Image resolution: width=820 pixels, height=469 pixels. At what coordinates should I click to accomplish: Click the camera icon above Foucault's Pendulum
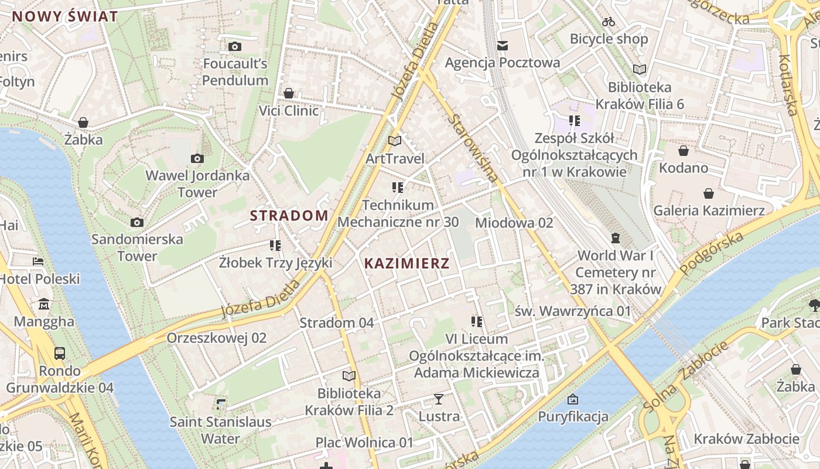click(x=234, y=46)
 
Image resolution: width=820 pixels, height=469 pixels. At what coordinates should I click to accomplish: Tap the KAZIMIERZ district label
click(x=406, y=263)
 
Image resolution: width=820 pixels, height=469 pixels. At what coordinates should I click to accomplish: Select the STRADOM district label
click(x=289, y=215)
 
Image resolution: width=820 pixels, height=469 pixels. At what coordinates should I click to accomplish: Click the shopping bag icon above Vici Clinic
click(x=288, y=93)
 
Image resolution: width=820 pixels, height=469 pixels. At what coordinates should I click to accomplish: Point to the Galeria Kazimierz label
click(x=709, y=210)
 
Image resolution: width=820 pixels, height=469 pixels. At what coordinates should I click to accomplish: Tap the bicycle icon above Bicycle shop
click(x=609, y=22)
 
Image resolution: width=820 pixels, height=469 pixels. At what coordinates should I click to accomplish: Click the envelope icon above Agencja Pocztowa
click(x=502, y=45)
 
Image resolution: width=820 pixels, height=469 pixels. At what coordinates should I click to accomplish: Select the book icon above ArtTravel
click(x=395, y=141)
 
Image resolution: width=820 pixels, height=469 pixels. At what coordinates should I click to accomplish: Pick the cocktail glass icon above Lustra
click(x=438, y=399)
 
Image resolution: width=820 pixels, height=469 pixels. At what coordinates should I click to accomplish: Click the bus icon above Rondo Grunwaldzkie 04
click(x=59, y=353)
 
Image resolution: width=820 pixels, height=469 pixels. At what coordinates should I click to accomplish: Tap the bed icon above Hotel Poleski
click(x=38, y=261)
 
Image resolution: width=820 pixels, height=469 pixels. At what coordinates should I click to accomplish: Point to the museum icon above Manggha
click(x=44, y=304)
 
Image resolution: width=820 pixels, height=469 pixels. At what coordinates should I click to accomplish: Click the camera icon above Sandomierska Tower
click(x=136, y=222)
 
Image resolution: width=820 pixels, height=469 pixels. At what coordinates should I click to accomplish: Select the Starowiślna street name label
click(x=474, y=147)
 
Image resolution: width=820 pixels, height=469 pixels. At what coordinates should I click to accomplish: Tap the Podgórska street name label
click(x=712, y=253)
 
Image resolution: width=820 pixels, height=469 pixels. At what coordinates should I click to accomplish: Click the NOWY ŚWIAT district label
click(x=65, y=16)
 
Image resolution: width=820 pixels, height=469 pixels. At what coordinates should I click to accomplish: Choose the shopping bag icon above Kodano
click(x=683, y=151)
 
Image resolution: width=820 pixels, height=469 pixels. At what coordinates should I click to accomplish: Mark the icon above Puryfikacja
click(x=572, y=400)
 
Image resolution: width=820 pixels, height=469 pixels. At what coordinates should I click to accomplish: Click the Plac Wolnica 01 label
click(x=364, y=442)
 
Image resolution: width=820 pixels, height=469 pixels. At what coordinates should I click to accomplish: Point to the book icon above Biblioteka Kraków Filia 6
click(x=639, y=69)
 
